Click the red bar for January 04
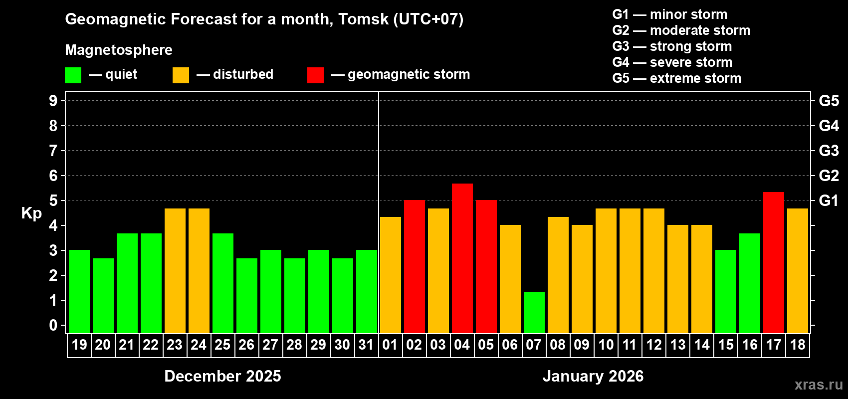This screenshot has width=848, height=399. pos(462,258)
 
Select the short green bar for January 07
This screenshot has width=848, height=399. pos(534,312)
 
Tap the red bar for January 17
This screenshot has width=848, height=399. pos(774,262)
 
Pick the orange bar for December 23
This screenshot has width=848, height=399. pos(175,271)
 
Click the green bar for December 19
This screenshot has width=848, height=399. pos(79,291)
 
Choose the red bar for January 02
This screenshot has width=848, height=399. pos(415,266)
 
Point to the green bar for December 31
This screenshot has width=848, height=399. pos(367,291)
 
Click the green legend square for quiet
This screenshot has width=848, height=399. pos(73,75)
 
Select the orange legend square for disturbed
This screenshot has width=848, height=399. pos(181,75)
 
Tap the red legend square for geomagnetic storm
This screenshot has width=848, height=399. pos(315,75)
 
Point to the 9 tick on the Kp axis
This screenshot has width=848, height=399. pos(53,101)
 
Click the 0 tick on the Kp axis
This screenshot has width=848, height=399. pos(53,326)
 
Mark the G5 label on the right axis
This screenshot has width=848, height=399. pos(829,101)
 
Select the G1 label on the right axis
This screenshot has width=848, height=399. pos(829,200)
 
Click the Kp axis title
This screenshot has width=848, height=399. pos(31,213)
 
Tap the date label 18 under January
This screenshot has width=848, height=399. pos(798,345)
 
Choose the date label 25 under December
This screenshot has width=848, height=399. pos(222,345)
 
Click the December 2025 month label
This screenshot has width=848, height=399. pos(222,376)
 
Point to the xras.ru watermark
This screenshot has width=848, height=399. pos(818,385)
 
